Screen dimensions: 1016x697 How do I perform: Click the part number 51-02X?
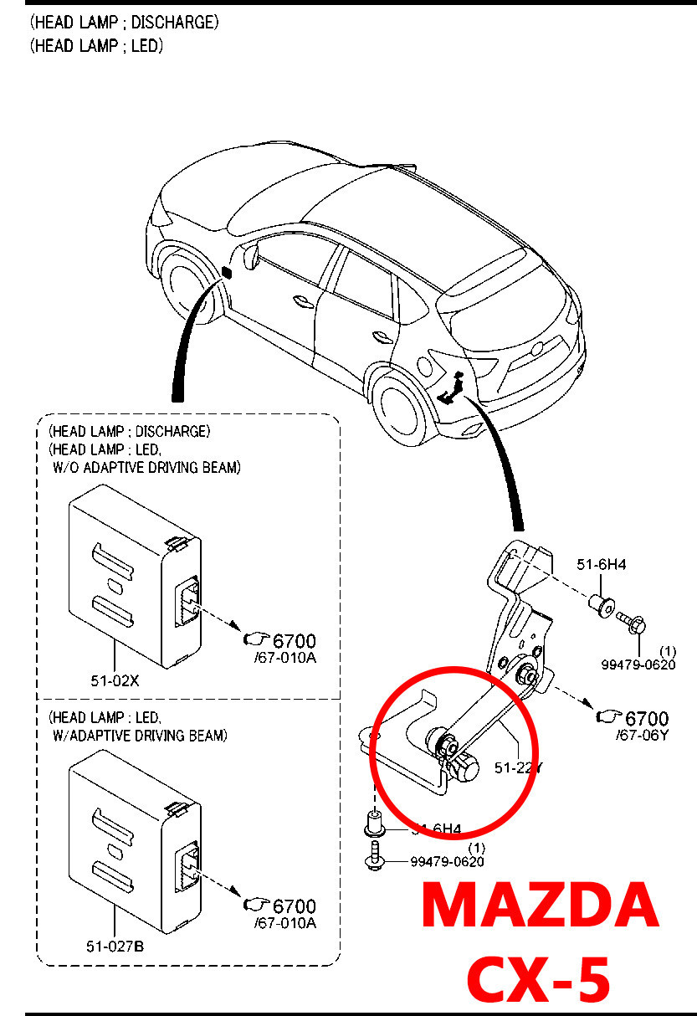click(115, 680)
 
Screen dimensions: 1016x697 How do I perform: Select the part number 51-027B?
click(115, 947)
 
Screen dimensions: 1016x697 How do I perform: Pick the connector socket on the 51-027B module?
click(186, 862)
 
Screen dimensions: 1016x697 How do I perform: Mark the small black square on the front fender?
click(227, 271)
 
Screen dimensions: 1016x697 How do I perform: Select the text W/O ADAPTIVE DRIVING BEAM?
click(146, 468)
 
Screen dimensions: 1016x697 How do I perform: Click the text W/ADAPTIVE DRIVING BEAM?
click(139, 736)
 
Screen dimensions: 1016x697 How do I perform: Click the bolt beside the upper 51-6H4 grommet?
click(628, 620)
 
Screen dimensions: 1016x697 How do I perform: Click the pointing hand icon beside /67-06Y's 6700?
click(607, 717)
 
